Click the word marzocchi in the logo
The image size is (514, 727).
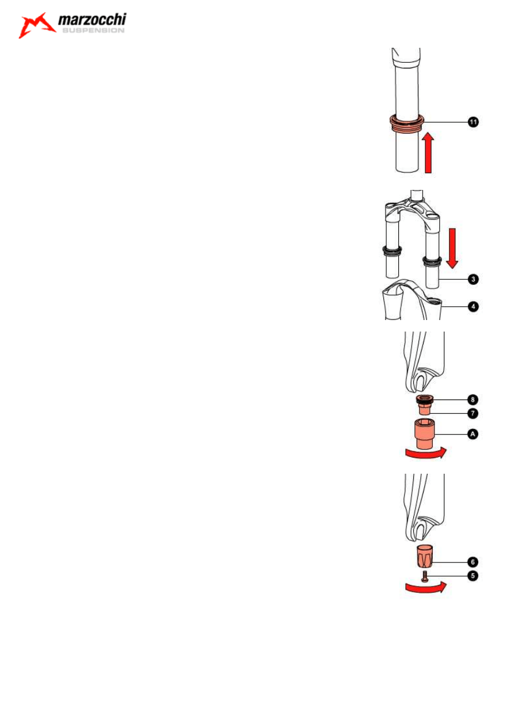pos(92,20)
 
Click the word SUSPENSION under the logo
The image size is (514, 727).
pos(93,31)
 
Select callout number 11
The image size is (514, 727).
pos(474,122)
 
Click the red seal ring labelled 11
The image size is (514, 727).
pos(406,124)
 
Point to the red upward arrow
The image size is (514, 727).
pos(428,152)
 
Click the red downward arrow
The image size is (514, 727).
pos(452,248)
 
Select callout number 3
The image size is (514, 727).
pos(474,279)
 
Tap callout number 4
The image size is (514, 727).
pos(474,306)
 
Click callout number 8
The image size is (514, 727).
pos(473,399)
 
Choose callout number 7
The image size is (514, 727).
pos(473,413)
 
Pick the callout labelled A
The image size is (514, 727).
pos(473,434)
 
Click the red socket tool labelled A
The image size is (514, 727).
pos(424,434)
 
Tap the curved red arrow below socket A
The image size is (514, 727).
pos(426,454)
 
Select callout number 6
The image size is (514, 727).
pos(473,562)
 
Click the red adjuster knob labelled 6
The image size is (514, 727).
pos(425,557)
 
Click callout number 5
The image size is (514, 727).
pos(473,576)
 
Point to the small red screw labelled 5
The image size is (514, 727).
pos(425,576)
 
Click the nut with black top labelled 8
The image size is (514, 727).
pos(424,402)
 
